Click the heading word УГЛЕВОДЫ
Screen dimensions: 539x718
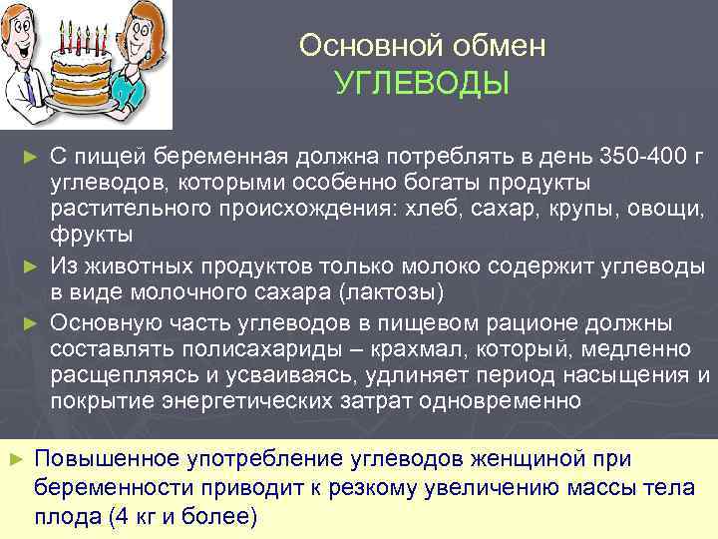(x=423, y=83)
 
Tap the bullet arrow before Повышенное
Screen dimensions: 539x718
(x=15, y=458)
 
